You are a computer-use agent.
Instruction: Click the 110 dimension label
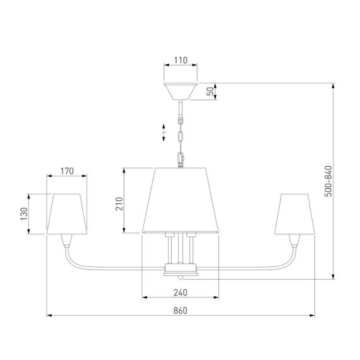coord(181,60)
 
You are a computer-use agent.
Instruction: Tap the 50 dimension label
coord(210,92)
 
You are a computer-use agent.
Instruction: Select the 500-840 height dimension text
coord(328,181)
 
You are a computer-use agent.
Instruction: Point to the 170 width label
coord(67,171)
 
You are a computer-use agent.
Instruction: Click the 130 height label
coord(24,214)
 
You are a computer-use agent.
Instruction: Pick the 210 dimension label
coord(119,203)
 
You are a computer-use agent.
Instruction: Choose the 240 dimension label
coord(181,292)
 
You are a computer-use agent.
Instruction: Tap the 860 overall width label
coord(181,310)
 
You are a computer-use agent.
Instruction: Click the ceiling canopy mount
coord(181,92)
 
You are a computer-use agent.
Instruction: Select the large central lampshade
coord(181,200)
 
